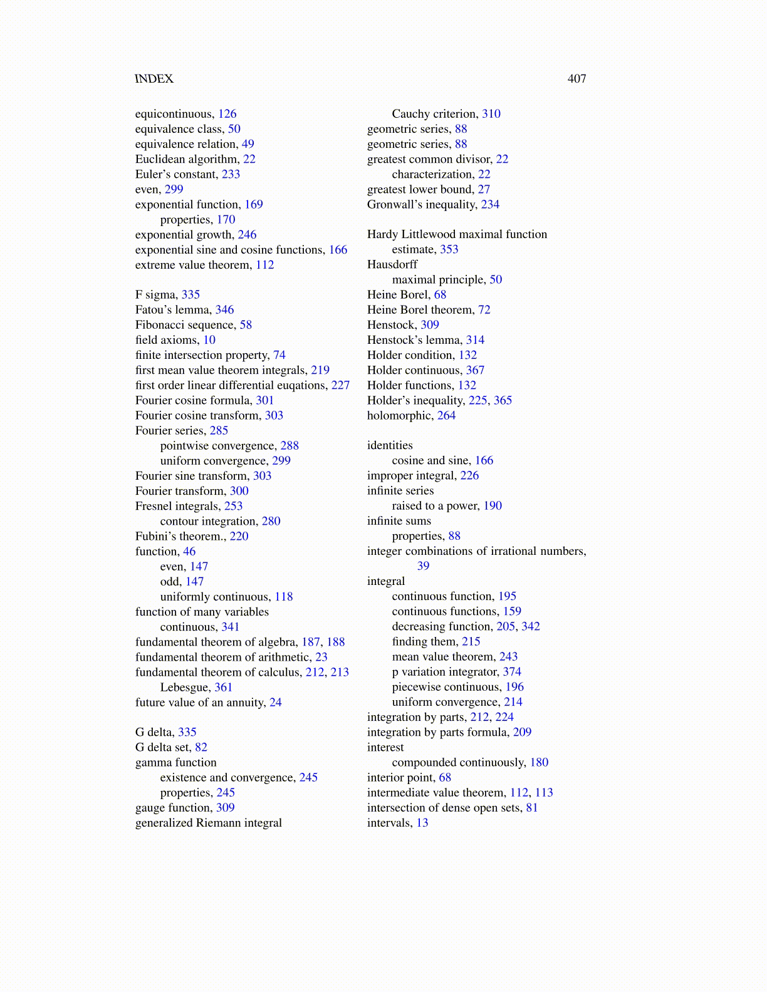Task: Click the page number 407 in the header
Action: pos(577,79)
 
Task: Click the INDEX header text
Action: pos(154,79)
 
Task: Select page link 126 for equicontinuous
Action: pos(227,114)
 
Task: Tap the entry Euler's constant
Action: pos(176,174)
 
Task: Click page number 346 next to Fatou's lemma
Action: pos(224,309)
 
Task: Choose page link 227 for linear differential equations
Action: pos(340,385)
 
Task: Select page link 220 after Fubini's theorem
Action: pos(239,536)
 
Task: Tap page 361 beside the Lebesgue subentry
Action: pos(223,687)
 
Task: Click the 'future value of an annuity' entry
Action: pos(200,702)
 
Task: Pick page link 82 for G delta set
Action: pos(201,747)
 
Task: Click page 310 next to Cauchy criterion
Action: pos(491,114)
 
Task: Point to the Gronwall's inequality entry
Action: pos(422,204)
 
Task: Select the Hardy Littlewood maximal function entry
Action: pos(457,234)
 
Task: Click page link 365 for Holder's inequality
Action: pos(503,400)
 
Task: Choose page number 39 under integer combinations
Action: pos(424,566)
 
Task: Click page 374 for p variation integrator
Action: pos(512,672)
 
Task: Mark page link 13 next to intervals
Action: pos(422,823)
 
